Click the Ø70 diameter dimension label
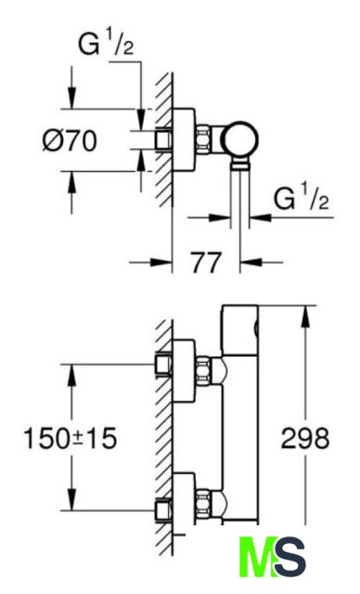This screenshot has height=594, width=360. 70,140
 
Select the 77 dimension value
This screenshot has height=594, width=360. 206,263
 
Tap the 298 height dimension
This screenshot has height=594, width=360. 305,438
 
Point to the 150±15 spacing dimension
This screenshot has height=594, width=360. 71,438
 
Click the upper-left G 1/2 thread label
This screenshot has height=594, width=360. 106,43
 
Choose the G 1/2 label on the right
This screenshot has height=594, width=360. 301,197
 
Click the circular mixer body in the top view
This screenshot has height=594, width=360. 240,139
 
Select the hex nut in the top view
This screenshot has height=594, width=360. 203,139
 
